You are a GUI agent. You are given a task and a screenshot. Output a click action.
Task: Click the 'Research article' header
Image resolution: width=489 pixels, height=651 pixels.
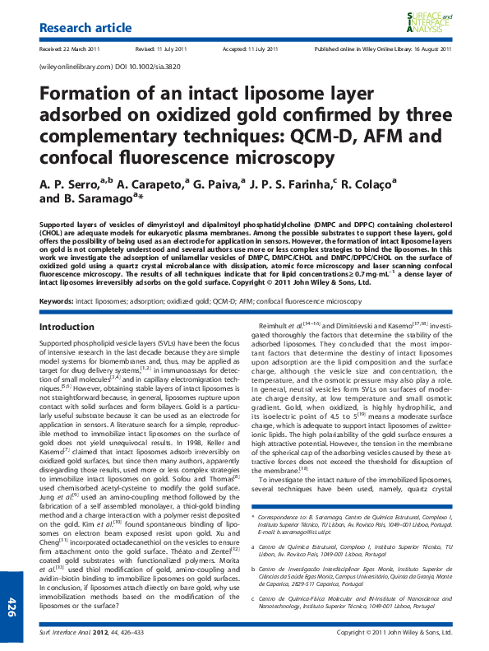point(85,28)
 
